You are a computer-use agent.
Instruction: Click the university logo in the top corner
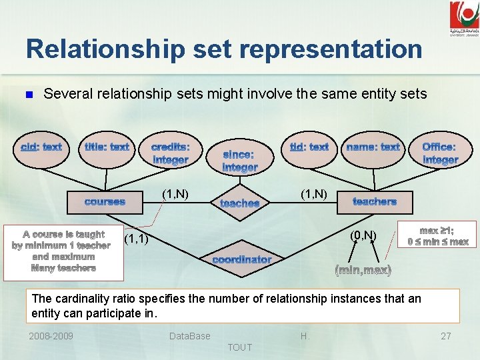(x=463, y=18)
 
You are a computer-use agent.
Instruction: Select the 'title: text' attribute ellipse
(x=107, y=147)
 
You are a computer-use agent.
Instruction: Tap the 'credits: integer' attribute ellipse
(x=170, y=153)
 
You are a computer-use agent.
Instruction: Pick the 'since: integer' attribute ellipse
(x=239, y=161)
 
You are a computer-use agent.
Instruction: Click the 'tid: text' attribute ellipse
(x=309, y=147)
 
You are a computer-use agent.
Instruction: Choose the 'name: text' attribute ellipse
(x=373, y=147)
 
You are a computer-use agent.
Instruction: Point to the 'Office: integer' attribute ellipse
(x=440, y=153)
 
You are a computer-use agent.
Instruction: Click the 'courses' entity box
(x=105, y=202)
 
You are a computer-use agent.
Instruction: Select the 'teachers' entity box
(x=374, y=202)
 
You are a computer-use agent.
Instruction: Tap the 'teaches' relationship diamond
(x=239, y=203)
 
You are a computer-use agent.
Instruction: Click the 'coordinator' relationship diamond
(x=241, y=259)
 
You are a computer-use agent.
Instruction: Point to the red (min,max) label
(x=363, y=271)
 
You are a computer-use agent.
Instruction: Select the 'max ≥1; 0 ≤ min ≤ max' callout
(x=438, y=235)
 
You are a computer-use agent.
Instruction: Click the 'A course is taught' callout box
(x=63, y=251)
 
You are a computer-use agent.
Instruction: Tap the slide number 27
(x=446, y=336)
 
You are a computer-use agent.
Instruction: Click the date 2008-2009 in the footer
(x=51, y=336)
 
